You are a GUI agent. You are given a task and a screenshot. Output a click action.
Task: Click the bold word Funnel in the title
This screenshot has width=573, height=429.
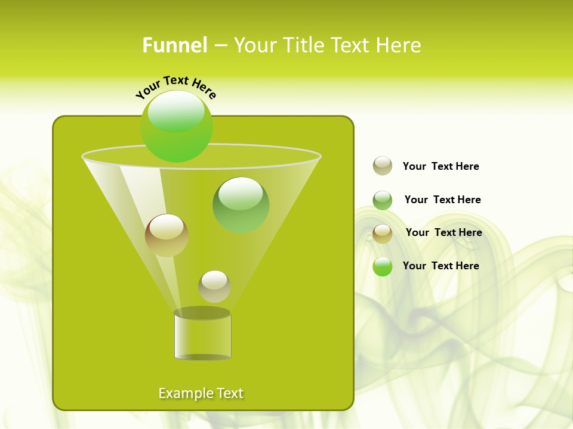[174, 45]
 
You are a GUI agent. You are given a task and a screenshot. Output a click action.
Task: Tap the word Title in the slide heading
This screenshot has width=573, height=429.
[304, 45]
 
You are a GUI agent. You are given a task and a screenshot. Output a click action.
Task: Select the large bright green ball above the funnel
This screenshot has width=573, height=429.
[177, 126]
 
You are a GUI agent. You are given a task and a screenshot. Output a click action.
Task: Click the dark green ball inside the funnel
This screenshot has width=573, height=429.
[241, 205]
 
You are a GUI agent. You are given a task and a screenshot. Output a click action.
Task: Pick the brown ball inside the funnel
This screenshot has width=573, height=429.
[167, 235]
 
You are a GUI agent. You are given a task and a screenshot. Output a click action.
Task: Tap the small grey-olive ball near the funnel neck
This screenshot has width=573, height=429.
[214, 286]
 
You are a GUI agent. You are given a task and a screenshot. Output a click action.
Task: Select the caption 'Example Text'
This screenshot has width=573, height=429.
[201, 393]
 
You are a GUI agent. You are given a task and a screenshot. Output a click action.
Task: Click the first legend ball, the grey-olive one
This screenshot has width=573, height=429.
[383, 166]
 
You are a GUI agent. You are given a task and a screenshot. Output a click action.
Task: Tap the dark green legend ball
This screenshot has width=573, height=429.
[383, 200]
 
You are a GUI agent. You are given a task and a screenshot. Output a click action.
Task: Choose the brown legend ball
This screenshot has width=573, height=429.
[383, 234]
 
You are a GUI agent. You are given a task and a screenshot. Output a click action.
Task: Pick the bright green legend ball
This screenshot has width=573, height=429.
[383, 266]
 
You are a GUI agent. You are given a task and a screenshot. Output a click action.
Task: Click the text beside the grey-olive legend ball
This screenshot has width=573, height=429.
[440, 166]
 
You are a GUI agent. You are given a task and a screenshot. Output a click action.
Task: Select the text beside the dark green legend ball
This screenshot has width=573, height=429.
[442, 200]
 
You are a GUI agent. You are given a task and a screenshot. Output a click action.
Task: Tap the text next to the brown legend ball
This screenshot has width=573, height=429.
[443, 232]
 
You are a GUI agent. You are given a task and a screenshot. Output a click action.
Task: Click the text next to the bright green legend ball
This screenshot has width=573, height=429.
[440, 266]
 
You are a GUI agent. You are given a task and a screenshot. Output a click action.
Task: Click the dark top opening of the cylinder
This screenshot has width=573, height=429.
[202, 313]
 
